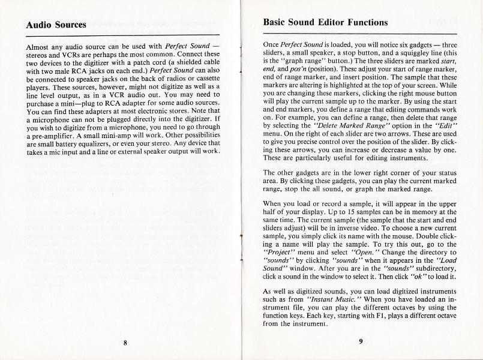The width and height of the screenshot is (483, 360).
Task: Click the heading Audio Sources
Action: pyautogui.click(x=56, y=25)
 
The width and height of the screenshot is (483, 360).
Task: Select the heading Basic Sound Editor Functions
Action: pyautogui.click(x=325, y=23)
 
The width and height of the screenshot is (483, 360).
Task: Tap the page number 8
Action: pyautogui.click(x=125, y=343)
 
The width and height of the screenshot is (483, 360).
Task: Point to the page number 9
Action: pyautogui.click(x=361, y=341)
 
